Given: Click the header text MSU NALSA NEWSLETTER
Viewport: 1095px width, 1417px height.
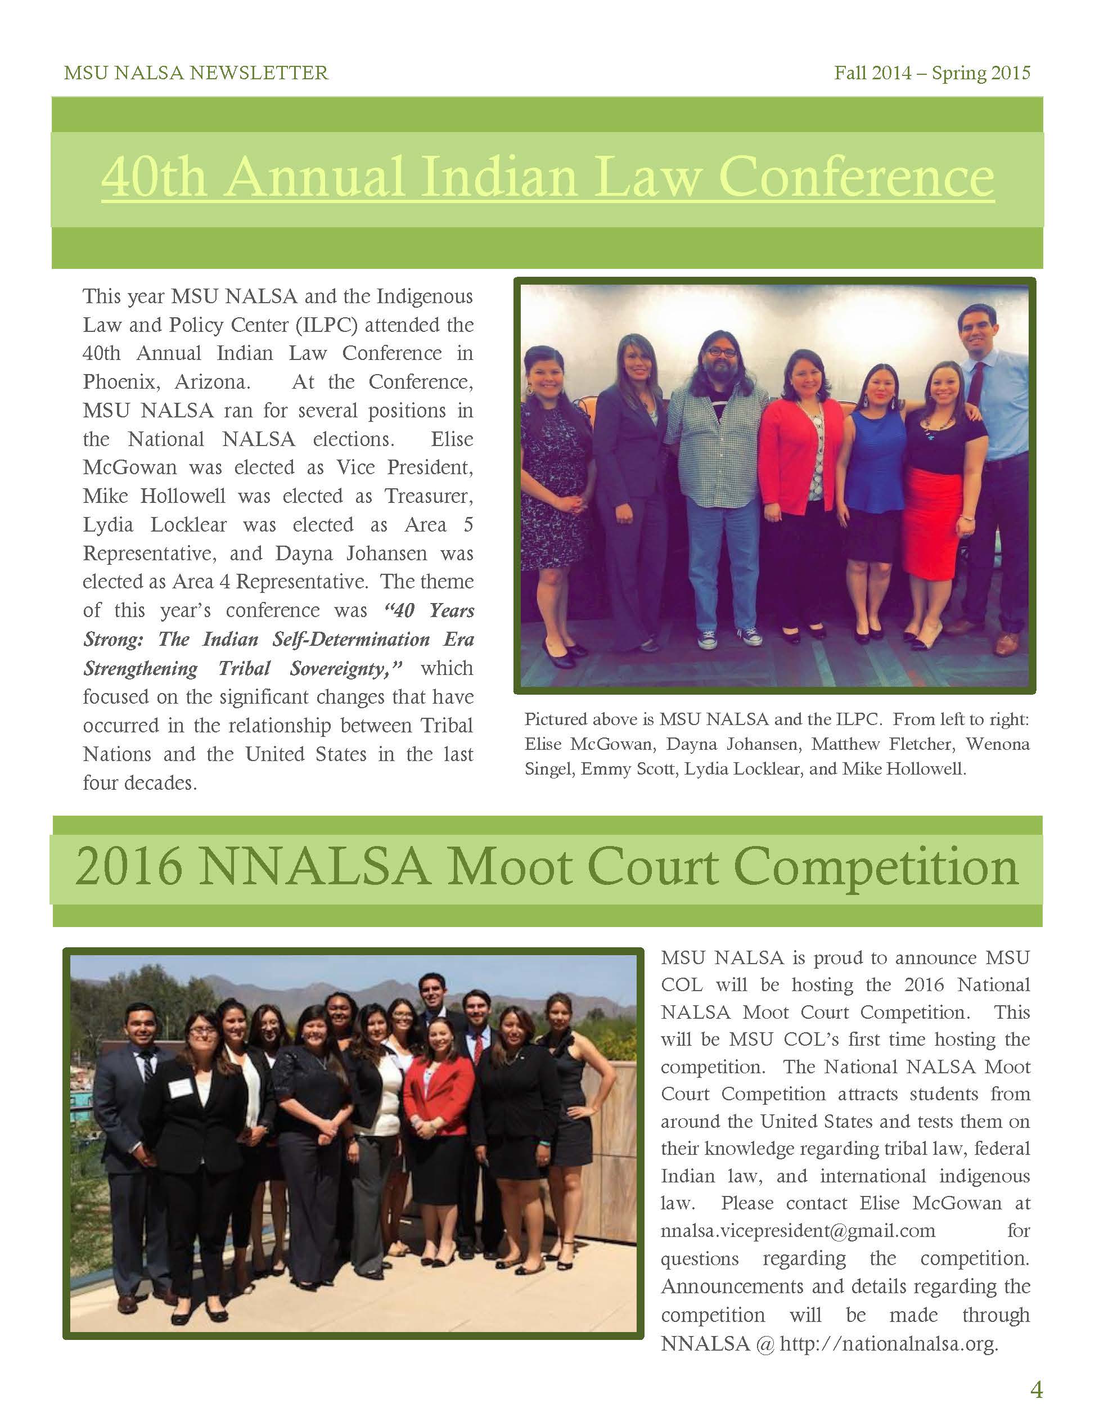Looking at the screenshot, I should click(x=196, y=73).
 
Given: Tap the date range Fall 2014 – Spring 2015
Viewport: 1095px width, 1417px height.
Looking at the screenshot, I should click(x=932, y=73).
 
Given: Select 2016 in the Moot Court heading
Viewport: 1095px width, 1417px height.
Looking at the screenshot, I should click(x=128, y=867).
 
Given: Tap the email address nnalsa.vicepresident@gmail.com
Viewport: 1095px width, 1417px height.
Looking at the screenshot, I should click(x=798, y=1231).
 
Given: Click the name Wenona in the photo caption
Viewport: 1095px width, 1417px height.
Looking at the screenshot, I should click(x=998, y=744).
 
